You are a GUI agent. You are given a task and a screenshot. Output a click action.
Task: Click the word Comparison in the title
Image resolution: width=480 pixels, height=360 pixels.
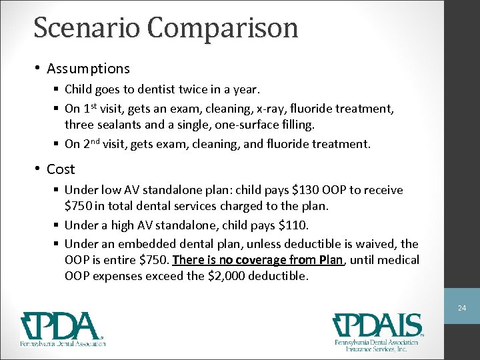click(x=223, y=28)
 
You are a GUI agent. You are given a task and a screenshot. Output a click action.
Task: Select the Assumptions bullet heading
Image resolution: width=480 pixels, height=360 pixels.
click(x=88, y=68)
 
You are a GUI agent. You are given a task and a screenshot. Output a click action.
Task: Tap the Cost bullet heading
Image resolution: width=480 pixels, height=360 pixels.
click(x=61, y=169)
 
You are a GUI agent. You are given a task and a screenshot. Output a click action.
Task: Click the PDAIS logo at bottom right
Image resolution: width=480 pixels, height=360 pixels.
click(x=378, y=329)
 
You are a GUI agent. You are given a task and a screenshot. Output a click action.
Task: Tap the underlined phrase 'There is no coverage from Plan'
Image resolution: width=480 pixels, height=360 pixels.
click(x=257, y=259)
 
